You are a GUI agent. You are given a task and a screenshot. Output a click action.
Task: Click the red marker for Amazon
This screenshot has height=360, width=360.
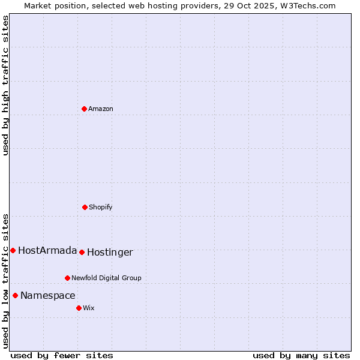pyautogui.click(x=84, y=109)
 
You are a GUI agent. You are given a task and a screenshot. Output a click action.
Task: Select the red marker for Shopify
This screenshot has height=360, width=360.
pyautogui.click(x=85, y=207)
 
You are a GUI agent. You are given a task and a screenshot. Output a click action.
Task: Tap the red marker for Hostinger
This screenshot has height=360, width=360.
pyautogui.click(x=82, y=252)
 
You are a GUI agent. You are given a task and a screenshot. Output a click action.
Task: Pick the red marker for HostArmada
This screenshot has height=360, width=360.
pyautogui.click(x=13, y=250)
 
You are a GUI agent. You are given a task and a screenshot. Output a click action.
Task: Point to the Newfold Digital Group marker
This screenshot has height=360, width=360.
pyautogui.click(x=67, y=278)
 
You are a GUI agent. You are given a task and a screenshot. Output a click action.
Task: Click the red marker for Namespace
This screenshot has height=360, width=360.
pyautogui.click(x=15, y=295)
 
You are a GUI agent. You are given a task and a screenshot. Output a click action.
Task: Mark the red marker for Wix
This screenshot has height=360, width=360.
pyautogui.click(x=79, y=308)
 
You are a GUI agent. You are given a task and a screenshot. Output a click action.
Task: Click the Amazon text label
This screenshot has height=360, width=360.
pyautogui.click(x=101, y=109)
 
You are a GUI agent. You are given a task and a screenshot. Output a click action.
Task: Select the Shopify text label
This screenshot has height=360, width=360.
pyautogui.click(x=101, y=207)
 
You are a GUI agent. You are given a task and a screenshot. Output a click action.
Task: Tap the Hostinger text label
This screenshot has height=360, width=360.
pyautogui.click(x=110, y=252)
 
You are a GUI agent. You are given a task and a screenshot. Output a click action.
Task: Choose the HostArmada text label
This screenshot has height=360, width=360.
pyautogui.click(x=47, y=250)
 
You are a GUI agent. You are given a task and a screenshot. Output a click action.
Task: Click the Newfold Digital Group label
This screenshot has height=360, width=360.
pyautogui.click(x=106, y=278)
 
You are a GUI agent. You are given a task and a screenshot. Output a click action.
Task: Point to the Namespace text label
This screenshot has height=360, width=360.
pyautogui.click(x=48, y=295)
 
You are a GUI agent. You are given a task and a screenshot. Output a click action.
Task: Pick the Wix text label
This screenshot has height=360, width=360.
pyautogui.click(x=89, y=308)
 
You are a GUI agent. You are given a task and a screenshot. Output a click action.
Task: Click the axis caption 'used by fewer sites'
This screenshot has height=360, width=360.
pyautogui.click(x=62, y=355)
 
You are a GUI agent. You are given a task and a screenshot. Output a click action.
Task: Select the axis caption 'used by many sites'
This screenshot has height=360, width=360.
pyautogui.click(x=301, y=355)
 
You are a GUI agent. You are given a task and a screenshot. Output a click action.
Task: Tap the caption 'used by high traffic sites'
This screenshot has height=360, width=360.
pyautogui.click(x=5, y=85)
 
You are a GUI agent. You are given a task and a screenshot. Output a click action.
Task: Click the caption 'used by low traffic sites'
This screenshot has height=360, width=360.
pyautogui.click(x=5, y=280)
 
